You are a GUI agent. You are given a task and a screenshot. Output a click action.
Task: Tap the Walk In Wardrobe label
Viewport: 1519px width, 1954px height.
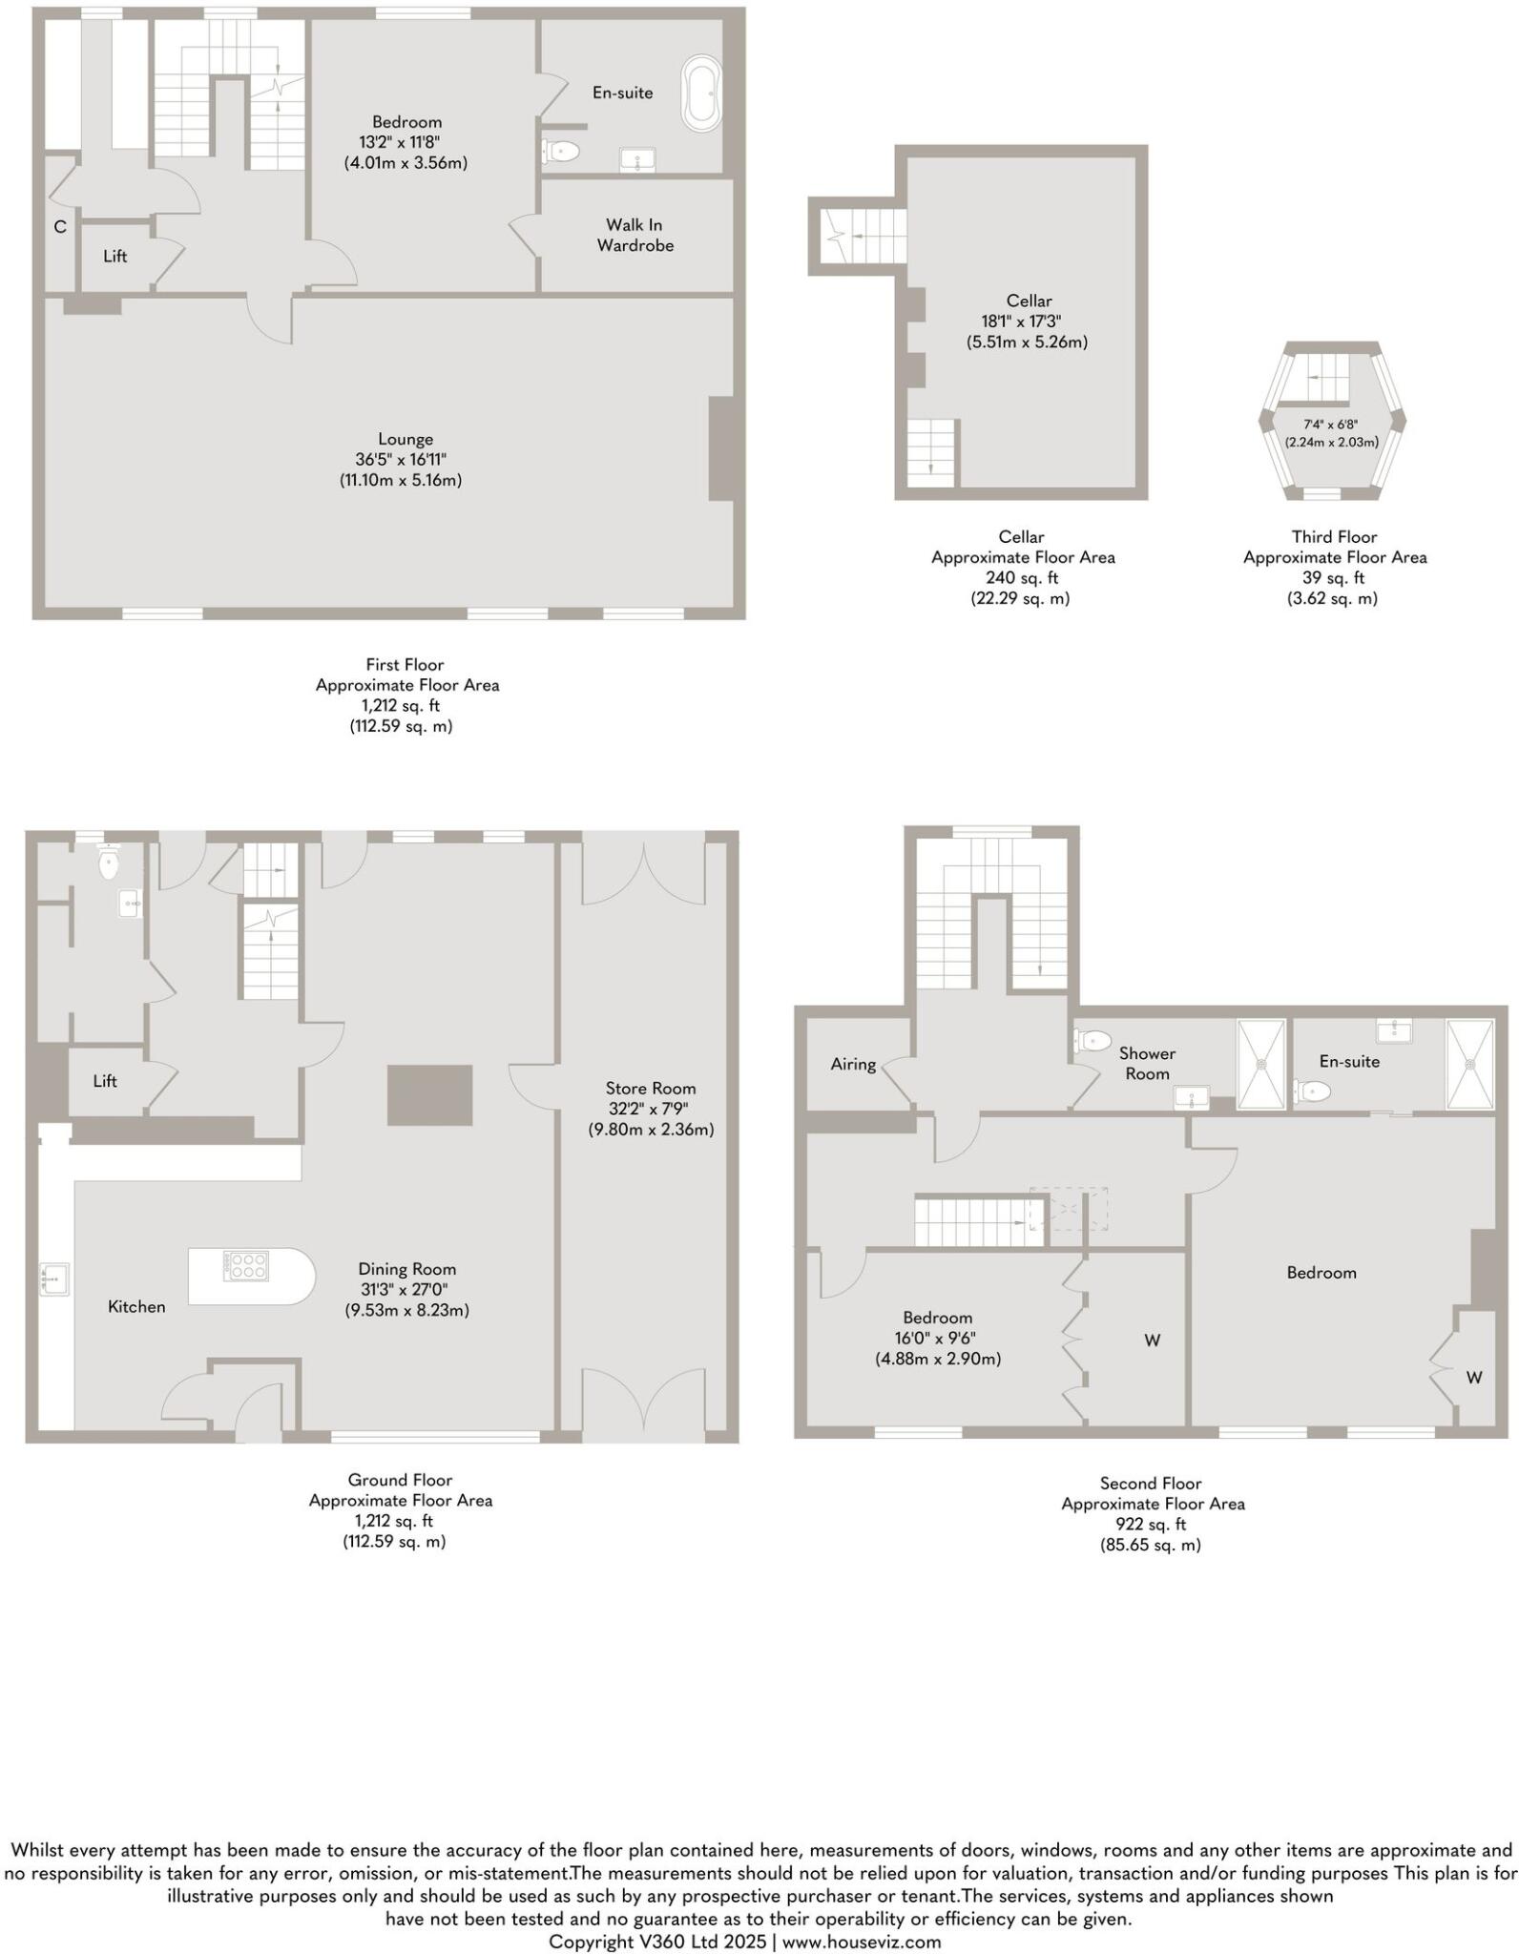(x=635, y=235)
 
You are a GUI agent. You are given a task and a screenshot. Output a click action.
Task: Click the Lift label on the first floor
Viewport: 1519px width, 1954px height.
(x=115, y=256)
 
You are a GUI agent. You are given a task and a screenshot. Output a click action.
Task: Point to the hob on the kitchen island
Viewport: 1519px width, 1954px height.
(x=247, y=1266)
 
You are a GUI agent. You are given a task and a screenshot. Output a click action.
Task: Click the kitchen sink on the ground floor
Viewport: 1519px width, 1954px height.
(x=54, y=1278)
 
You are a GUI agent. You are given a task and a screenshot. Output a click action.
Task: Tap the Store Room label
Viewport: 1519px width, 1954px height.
(x=651, y=1088)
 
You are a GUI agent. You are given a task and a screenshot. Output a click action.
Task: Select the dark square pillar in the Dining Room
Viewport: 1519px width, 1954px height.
(x=429, y=1094)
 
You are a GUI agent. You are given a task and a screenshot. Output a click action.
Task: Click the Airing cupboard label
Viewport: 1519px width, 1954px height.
(x=853, y=1064)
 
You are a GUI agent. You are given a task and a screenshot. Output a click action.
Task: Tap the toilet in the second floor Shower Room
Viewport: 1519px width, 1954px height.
(x=1092, y=1040)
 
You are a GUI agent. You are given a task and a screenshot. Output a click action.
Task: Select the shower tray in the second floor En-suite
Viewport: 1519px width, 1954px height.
(x=1469, y=1064)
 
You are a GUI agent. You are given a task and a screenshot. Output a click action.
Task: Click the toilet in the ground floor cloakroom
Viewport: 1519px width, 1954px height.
(x=109, y=864)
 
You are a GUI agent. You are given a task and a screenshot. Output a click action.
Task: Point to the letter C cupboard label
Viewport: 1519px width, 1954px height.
(x=60, y=227)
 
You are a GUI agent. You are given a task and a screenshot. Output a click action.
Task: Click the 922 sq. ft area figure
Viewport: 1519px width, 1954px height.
(x=1151, y=1524)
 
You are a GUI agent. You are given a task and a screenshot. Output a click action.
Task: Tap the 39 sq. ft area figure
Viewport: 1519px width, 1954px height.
(x=1333, y=578)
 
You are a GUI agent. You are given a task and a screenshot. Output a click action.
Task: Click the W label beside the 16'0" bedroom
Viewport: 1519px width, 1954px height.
(x=1152, y=1341)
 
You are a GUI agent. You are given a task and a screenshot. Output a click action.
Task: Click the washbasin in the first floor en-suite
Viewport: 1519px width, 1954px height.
(x=637, y=159)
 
